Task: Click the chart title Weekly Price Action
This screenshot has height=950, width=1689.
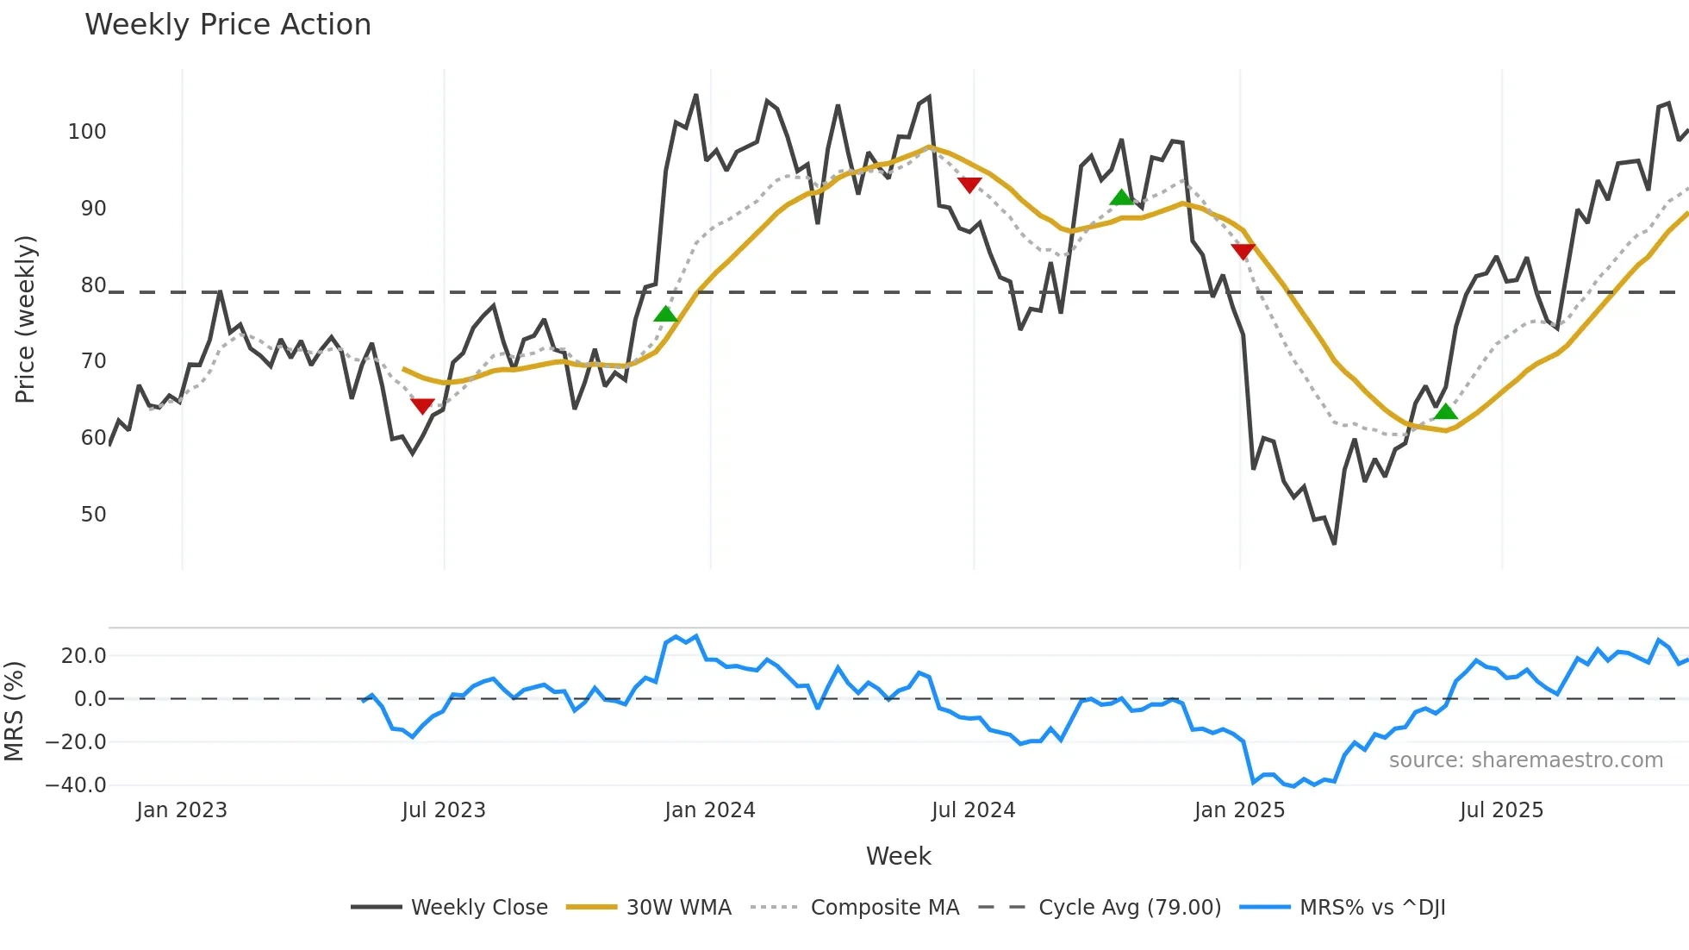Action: (x=227, y=25)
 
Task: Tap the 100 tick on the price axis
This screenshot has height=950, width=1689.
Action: (x=87, y=132)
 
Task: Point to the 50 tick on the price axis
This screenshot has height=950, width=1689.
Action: (x=93, y=515)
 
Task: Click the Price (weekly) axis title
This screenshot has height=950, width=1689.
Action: (x=25, y=319)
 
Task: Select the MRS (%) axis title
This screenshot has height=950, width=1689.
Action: (x=14, y=711)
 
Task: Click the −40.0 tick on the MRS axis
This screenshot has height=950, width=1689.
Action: (x=76, y=785)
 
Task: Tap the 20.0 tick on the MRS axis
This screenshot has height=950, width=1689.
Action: (x=84, y=656)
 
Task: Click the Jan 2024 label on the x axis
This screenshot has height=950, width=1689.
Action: (x=709, y=810)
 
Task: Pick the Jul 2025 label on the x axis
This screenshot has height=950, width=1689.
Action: (x=1501, y=810)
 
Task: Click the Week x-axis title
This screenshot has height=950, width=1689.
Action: (x=898, y=856)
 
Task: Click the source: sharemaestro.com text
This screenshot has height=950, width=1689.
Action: (x=1525, y=760)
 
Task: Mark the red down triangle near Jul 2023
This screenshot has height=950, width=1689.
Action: (x=422, y=405)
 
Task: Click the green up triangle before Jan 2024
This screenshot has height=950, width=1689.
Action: (x=665, y=315)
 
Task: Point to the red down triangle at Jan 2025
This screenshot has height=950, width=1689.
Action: (x=1243, y=251)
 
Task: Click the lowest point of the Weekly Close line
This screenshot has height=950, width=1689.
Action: (x=1334, y=543)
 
